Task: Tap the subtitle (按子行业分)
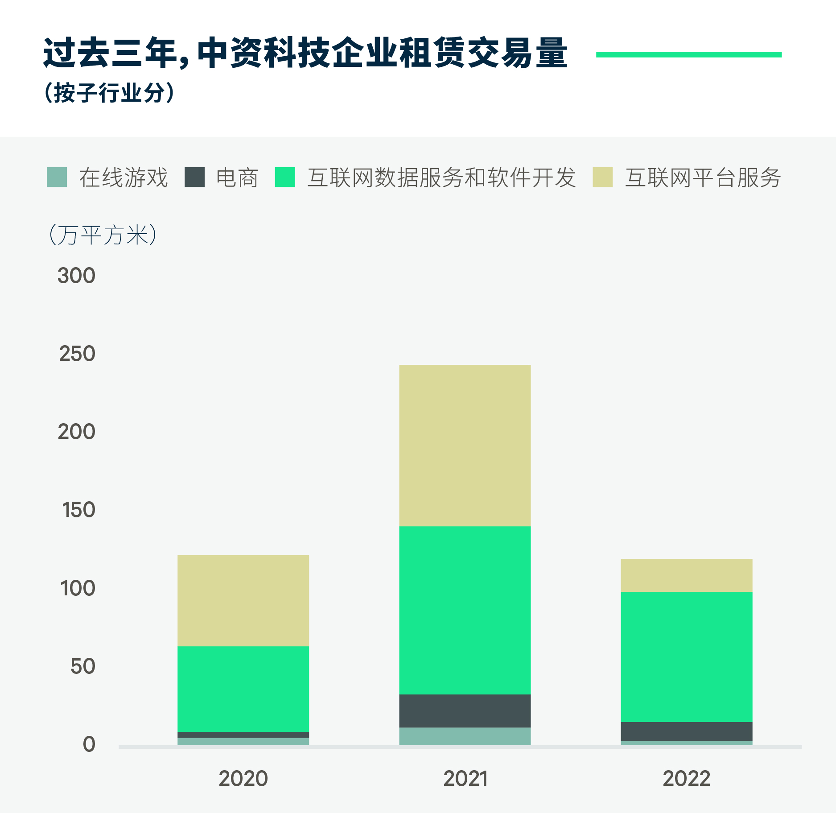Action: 109,93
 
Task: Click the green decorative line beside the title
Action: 688,54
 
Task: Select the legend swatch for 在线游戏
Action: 57,177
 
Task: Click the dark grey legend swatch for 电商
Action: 194,177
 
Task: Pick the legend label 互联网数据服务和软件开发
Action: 441,177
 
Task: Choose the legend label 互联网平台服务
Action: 703,177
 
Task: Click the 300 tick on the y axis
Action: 76,276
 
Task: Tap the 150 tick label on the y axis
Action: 78,510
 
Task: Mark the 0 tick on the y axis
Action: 89,744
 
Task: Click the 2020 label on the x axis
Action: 243,779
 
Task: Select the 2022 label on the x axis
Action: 686,779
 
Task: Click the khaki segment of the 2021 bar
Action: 465,445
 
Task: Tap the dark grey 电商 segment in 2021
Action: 465,711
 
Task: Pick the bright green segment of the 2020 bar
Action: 243,689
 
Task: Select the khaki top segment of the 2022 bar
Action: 686,575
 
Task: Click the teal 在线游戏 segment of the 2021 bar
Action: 465,736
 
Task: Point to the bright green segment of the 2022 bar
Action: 686,656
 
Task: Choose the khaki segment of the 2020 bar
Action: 243,600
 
